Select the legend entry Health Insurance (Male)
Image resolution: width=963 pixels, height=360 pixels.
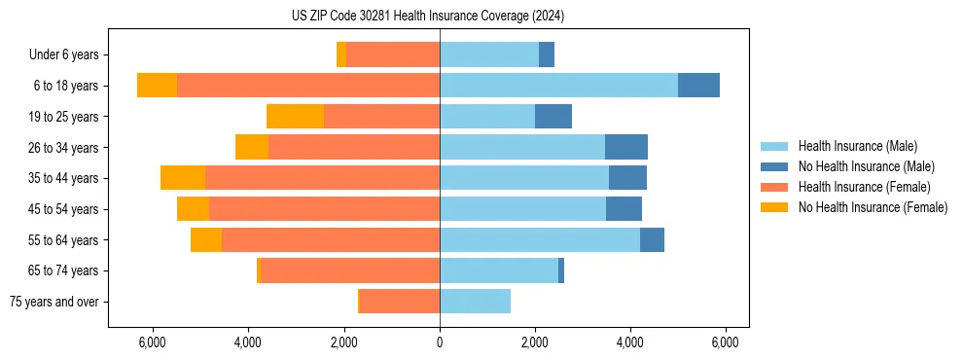pos(857,146)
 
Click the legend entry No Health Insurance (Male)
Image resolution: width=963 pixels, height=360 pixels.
pos(866,166)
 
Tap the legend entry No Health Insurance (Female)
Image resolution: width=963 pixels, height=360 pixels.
pos(873,207)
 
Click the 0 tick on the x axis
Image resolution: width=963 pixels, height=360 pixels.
pos(440,342)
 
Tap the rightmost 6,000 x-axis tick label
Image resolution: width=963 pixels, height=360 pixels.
pos(726,342)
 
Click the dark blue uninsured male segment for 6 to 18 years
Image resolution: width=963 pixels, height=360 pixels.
pos(698,86)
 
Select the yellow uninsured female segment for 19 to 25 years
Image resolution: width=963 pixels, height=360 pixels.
pos(295,117)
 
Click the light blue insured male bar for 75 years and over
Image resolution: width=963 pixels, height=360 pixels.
pos(475,302)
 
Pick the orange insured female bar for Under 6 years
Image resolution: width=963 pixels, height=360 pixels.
pos(393,55)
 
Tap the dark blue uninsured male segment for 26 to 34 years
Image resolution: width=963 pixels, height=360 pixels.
pos(626,147)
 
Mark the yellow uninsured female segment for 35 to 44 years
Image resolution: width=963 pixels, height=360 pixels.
pos(183,178)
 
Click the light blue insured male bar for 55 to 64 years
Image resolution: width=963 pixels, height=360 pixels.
pos(540,239)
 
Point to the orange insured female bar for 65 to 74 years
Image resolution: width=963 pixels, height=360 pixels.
pos(350,270)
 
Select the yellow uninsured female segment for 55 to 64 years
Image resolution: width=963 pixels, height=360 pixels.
pos(206,239)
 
